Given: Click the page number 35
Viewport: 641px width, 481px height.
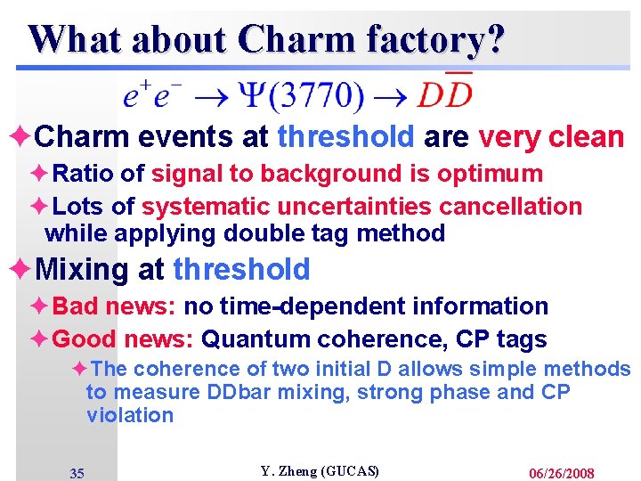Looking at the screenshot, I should (77, 473).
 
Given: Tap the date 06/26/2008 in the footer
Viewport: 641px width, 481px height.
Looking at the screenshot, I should (561, 473).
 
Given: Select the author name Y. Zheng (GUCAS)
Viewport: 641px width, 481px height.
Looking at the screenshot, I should (320, 470).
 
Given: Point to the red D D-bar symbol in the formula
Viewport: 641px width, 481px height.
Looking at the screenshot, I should (445, 92).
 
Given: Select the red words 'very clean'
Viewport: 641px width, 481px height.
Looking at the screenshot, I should (551, 137).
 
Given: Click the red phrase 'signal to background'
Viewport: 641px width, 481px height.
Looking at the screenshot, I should (264, 174).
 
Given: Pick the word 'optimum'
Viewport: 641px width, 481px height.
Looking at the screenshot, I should (495, 174).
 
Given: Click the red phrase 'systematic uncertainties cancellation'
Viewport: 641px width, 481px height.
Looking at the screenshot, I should (361, 207).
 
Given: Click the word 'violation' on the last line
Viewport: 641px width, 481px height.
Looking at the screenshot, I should (130, 415).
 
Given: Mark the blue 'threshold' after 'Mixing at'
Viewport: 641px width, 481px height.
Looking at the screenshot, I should (241, 269).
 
